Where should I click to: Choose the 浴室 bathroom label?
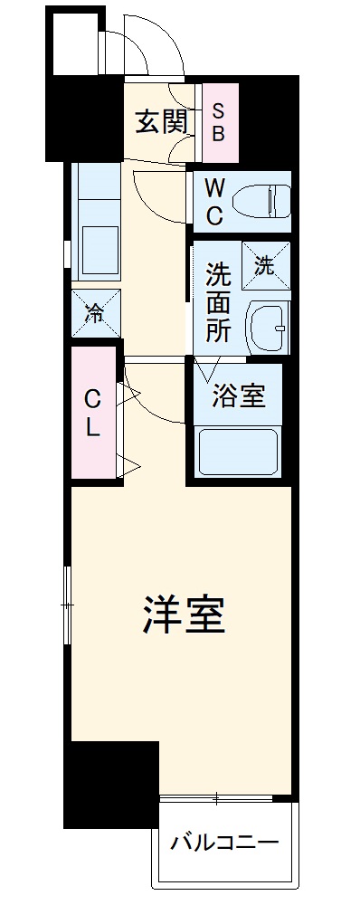[x=239, y=396]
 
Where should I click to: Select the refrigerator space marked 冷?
[x=95, y=314]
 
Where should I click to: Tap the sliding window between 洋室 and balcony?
[x=217, y=797]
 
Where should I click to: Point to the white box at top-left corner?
[x=72, y=41]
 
